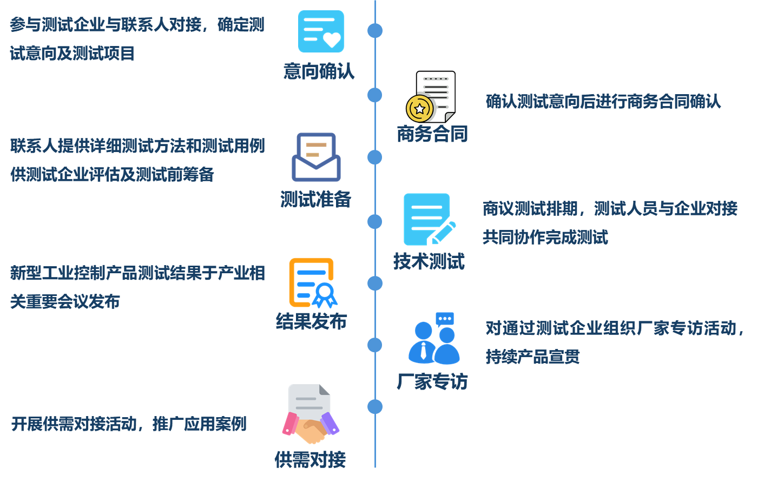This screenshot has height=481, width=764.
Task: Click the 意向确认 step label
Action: point(319,71)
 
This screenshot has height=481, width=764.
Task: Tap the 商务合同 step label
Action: point(432,134)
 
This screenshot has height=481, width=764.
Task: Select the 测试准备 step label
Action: point(316,200)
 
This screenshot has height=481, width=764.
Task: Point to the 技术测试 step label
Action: point(429,262)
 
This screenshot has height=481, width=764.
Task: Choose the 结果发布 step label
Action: point(311,321)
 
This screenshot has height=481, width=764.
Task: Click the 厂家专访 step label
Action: point(432,382)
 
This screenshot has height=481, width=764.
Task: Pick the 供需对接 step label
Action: point(310,460)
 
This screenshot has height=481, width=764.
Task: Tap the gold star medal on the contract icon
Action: point(420,108)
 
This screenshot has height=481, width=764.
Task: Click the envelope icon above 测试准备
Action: point(317,157)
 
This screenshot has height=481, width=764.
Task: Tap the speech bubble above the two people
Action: point(445,319)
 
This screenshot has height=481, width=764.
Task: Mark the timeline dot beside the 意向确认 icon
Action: point(375,30)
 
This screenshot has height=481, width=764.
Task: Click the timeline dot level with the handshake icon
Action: point(375,406)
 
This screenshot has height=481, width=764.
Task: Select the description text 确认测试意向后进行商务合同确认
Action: point(603,102)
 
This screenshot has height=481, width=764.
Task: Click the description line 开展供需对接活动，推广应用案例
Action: point(129,424)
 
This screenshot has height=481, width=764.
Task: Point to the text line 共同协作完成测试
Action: point(545,238)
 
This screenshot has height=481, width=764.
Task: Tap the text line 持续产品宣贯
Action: point(532,357)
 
